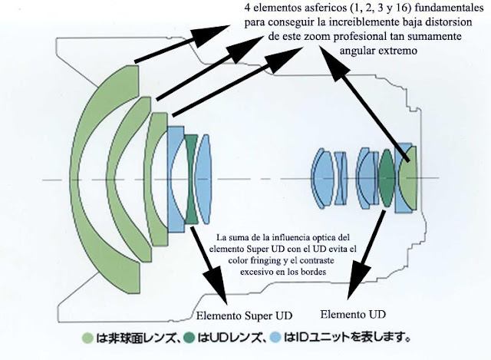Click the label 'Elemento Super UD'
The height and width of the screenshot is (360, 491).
click(x=244, y=315)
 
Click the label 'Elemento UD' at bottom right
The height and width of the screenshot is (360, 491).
click(x=353, y=314)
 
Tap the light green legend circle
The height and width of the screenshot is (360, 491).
click(x=87, y=338)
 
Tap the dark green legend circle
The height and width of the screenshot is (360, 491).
click(x=189, y=338)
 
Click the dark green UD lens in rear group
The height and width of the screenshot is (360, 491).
click(x=387, y=178)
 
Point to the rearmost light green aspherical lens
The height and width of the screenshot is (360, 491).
click(x=408, y=178)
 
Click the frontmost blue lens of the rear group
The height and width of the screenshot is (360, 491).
click(x=321, y=178)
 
